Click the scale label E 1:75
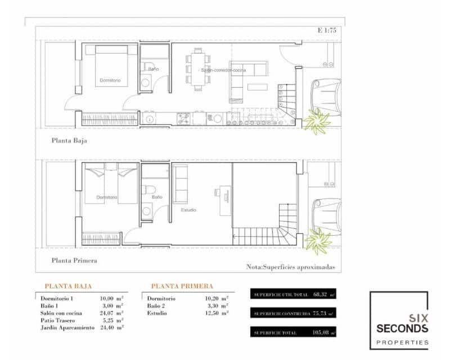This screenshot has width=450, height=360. click(326, 31)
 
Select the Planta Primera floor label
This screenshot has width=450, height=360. click(74, 260)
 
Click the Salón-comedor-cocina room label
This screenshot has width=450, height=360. click(223, 70)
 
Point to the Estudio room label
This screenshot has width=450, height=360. click(188, 210)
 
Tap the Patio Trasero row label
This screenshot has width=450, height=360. click(58, 320)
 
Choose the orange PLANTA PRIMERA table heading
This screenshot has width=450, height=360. click(182, 286)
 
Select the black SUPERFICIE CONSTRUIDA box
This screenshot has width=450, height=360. click(294, 313)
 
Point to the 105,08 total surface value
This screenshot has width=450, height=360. click(319, 333)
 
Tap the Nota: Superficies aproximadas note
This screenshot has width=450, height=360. click(290, 267)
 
